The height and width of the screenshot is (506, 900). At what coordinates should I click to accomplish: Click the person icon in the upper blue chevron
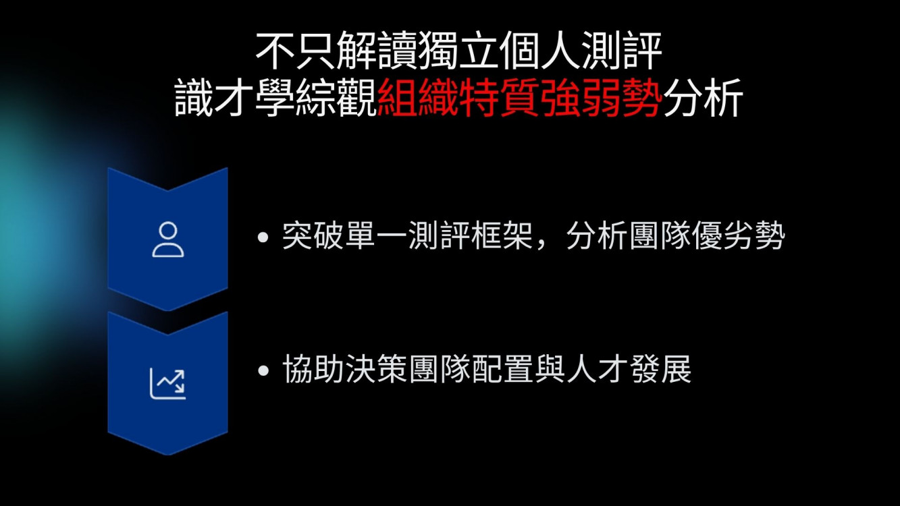[168, 240]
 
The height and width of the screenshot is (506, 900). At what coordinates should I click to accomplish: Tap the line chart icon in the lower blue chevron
[168, 383]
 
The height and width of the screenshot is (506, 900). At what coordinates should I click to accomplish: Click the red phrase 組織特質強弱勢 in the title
[520, 98]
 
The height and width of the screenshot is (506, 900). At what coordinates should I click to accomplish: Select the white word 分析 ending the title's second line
[702, 98]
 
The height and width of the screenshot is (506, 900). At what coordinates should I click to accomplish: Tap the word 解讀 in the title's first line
[377, 51]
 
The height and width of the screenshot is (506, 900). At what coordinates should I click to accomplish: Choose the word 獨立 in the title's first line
[458, 51]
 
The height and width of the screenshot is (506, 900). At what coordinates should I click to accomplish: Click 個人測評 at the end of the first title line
[581, 51]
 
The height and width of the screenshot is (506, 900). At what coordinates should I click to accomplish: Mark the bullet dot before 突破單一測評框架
[263, 237]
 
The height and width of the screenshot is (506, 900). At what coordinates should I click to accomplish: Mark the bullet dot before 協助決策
[263, 370]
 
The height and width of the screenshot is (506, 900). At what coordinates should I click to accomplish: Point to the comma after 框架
[543, 244]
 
